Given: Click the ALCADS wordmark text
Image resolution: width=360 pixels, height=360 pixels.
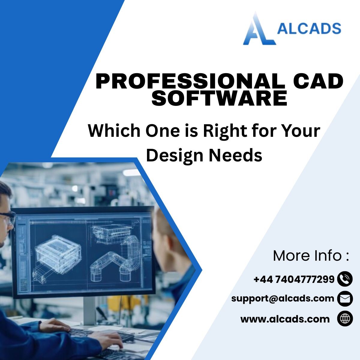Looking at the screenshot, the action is [x=309, y=28].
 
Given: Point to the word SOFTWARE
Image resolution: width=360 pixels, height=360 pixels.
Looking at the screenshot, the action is [x=219, y=98].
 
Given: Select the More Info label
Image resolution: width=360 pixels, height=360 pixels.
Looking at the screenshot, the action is [x=311, y=256].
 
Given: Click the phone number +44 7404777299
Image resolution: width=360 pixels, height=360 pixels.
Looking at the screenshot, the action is [x=294, y=279].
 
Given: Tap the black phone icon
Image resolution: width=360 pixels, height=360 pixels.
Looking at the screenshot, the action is [x=345, y=279].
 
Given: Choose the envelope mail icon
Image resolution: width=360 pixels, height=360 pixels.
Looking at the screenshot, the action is [x=345, y=298].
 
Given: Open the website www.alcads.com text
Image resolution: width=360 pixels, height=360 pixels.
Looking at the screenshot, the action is [x=285, y=319].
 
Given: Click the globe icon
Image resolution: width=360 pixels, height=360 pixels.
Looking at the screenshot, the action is [x=345, y=318].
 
